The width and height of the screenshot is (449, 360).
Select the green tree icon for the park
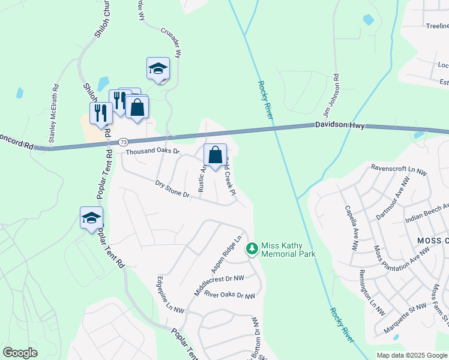coord(252,248)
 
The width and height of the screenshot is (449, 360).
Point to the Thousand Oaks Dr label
coord(152,151)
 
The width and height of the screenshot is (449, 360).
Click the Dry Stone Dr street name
coord(172,189)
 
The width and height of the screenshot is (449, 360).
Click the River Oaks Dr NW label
coord(229,295)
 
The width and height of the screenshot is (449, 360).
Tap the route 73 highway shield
coord(123,142)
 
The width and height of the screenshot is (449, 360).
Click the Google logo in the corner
coord(20,353)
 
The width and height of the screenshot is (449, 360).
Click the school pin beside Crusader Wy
coord(158,68)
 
